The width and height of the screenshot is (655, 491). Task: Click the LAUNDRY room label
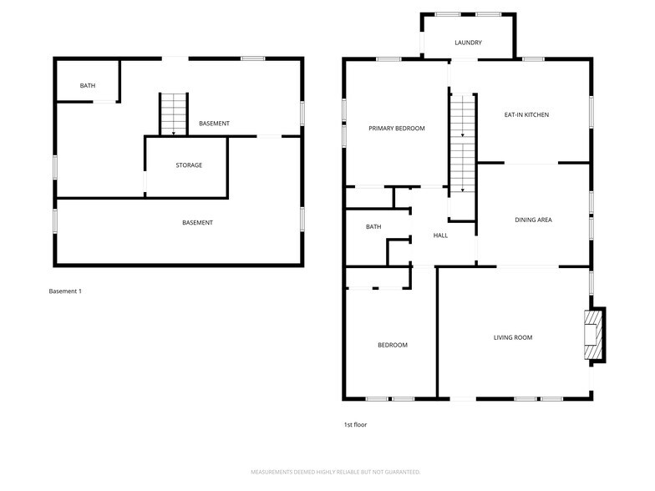pyautogui.click(x=468, y=43)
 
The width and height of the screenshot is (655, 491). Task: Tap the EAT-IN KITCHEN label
pyautogui.click(x=526, y=115)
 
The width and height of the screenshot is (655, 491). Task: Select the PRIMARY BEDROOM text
pyautogui.click(x=396, y=129)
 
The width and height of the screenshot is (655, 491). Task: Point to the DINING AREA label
pyautogui.click(x=533, y=220)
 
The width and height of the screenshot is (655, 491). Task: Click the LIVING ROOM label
pyautogui.click(x=513, y=337)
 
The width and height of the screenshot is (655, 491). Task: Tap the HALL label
pyautogui.click(x=440, y=235)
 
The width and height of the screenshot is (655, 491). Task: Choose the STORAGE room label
pyautogui.click(x=189, y=165)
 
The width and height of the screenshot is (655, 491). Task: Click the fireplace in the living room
pyautogui.click(x=593, y=334)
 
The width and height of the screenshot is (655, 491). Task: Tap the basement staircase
pyautogui.click(x=174, y=114)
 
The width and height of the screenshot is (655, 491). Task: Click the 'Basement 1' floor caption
pyautogui.click(x=65, y=291)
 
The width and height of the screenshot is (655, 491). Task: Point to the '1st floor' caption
pyautogui.click(x=355, y=425)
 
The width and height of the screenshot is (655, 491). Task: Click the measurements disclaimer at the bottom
pyautogui.click(x=336, y=473)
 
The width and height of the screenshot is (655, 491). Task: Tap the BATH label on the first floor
pyautogui.click(x=373, y=227)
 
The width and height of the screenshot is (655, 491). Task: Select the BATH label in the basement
pyautogui.click(x=87, y=86)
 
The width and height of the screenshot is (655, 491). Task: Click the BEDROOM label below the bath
pyautogui.click(x=393, y=346)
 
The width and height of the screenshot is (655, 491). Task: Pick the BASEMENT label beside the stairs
pyautogui.click(x=214, y=124)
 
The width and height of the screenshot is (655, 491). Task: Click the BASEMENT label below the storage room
pyautogui.click(x=197, y=223)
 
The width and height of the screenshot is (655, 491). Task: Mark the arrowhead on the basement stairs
pyautogui.click(x=174, y=134)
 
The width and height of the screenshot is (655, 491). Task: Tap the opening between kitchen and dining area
pyautogui.click(x=531, y=163)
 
